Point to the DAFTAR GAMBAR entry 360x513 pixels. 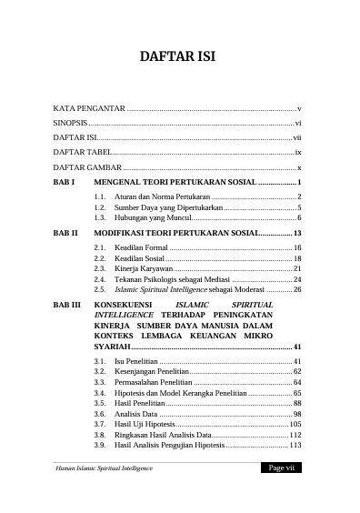(86, 168)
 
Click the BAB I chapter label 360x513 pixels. (64, 183)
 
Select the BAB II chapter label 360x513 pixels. (65, 234)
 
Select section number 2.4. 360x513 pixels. (100, 279)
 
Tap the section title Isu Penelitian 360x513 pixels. (138, 362)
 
